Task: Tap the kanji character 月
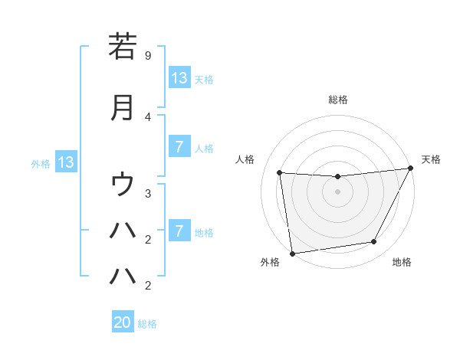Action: tap(123, 107)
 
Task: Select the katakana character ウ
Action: tap(123, 184)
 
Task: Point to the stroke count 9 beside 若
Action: tap(148, 55)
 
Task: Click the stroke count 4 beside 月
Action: tap(148, 116)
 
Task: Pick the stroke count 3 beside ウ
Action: tap(148, 193)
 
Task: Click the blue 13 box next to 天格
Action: tap(179, 77)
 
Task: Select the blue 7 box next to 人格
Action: tap(179, 147)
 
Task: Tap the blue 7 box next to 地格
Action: tap(179, 231)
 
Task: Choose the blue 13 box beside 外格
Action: tap(66, 162)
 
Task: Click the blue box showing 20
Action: tap(123, 322)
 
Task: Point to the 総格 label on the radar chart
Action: tap(337, 100)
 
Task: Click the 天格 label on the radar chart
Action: tap(431, 159)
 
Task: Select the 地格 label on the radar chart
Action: tap(402, 262)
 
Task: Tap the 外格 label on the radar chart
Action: tap(270, 262)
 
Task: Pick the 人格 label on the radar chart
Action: tap(245, 159)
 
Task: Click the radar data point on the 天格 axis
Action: tap(410, 169)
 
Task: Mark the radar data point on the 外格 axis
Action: tap(292, 253)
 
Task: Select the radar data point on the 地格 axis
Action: tap(374, 242)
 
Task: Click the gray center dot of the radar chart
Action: tap(337, 191)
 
